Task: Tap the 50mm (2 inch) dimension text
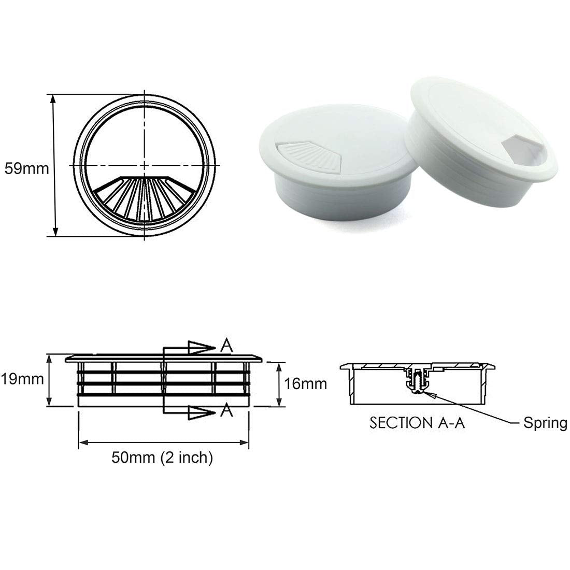[162, 458]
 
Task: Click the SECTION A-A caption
[418, 422]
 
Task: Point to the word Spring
[545, 423]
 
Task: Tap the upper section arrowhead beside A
[201, 347]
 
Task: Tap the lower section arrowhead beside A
[201, 413]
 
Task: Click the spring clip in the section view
[418, 381]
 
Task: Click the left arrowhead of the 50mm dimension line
[83, 442]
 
